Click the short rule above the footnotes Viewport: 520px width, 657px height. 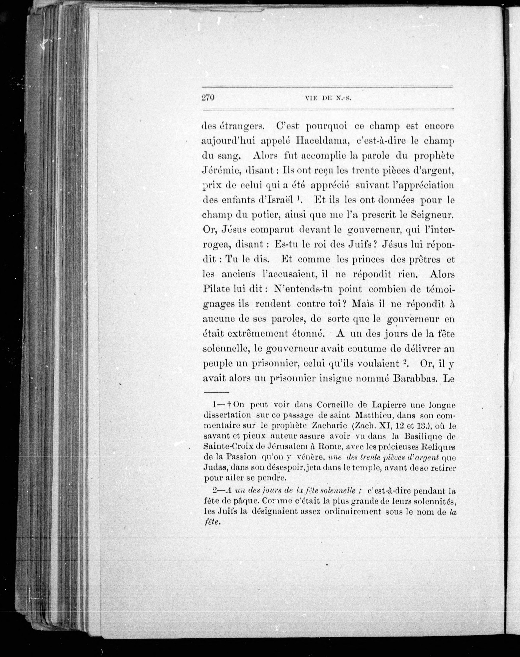click(x=216, y=392)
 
